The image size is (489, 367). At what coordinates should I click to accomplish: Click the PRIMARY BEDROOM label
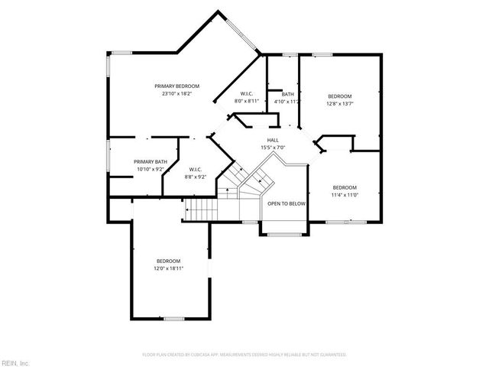click(x=177, y=86)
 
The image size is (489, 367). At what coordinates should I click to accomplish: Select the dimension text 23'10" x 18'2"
click(x=177, y=94)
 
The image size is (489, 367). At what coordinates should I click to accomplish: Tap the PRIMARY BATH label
click(x=150, y=161)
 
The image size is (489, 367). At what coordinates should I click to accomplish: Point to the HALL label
click(x=273, y=139)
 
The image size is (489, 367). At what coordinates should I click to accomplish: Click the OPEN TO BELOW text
click(x=287, y=203)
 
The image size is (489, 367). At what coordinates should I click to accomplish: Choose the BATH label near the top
click(x=287, y=94)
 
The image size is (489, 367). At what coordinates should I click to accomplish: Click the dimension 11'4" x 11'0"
click(x=345, y=195)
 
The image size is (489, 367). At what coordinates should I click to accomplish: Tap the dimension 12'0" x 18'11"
click(x=169, y=268)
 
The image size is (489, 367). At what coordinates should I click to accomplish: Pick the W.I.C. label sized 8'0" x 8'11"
click(x=247, y=93)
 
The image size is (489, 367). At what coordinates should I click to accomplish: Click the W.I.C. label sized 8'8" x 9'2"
click(x=196, y=169)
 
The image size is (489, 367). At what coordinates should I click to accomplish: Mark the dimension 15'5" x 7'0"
click(x=273, y=147)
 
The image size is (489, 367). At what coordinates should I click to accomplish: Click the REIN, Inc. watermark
click(x=15, y=362)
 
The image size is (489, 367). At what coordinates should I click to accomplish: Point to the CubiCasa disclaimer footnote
click(x=244, y=355)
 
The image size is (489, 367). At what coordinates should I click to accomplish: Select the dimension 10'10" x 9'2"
click(x=150, y=169)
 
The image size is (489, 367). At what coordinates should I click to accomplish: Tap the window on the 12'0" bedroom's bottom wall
click(x=174, y=318)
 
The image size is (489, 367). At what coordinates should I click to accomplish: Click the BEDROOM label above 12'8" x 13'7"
click(x=340, y=96)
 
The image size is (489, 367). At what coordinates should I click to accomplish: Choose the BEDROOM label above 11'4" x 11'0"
click(x=345, y=187)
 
